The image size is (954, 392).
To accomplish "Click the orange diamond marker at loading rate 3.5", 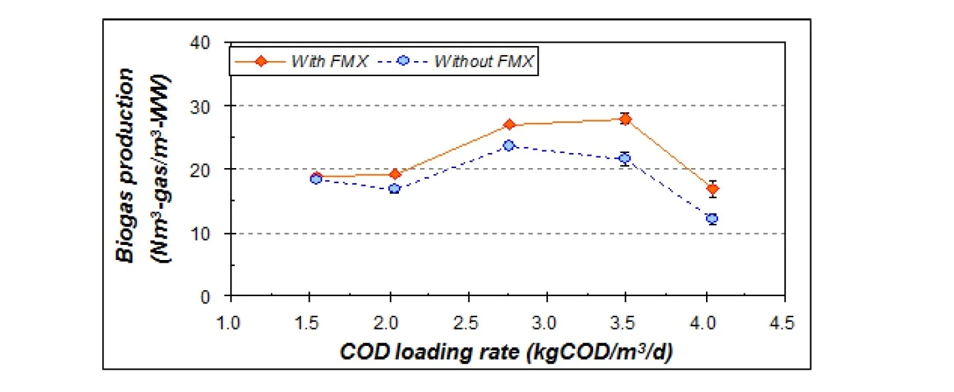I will coord(625,119).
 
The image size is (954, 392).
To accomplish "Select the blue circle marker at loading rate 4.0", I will coord(712,219).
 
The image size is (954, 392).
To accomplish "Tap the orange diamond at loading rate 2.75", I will coord(510,125).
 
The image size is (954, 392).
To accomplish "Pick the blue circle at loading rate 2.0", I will coord(394,188).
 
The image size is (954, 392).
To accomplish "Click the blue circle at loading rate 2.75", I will coord(508,145).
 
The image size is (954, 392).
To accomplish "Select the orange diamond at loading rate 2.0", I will coord(395,174).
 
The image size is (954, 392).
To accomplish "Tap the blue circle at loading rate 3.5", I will coord(625,158).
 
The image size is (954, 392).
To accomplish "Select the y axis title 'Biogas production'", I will coord(127,164).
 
